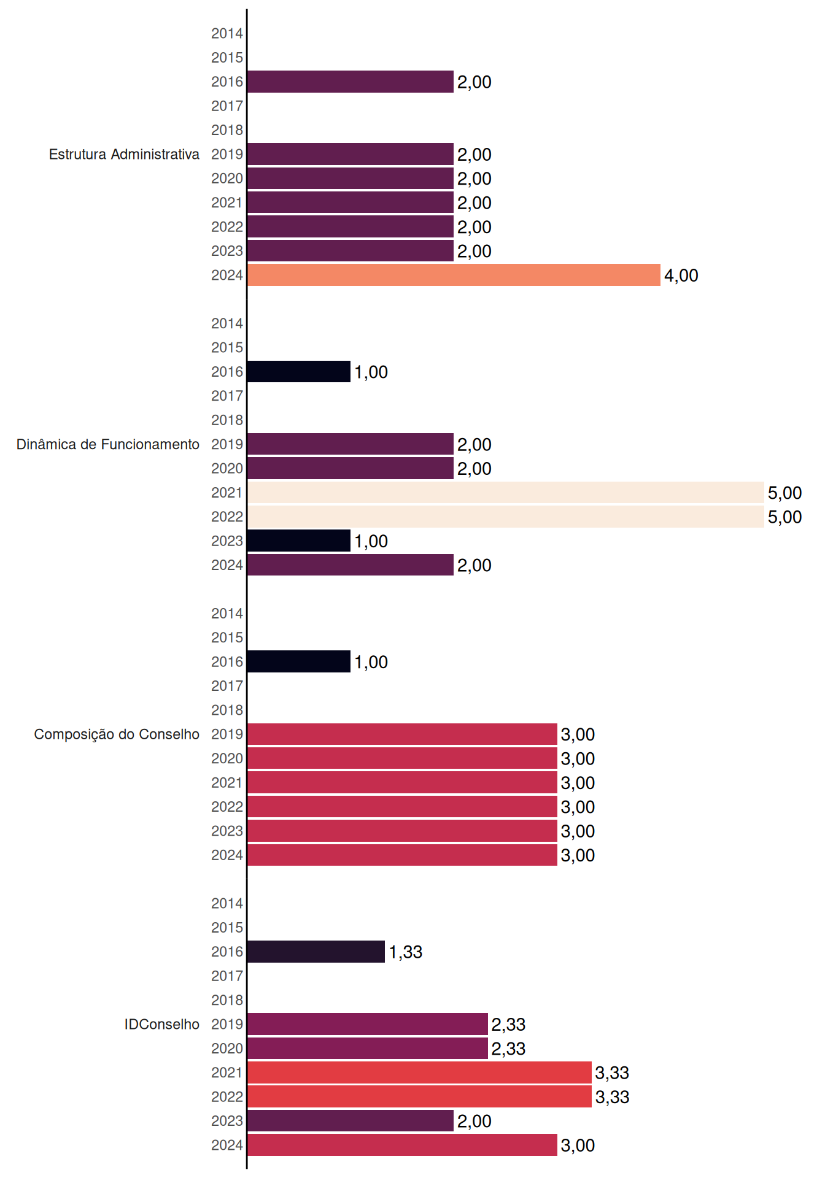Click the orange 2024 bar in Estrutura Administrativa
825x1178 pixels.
[454, 275]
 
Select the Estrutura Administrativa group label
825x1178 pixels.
[124, 154]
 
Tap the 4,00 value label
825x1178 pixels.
[681, 275]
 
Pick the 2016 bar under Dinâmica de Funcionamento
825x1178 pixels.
[299, 371]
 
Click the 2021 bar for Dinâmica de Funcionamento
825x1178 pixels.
[506, 492]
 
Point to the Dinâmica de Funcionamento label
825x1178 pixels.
[108, 444]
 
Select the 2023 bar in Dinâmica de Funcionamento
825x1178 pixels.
[299, 541]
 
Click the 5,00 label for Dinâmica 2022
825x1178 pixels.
[784, 517]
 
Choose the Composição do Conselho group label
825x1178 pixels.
[117, 734]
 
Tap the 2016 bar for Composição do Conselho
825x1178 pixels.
[299, 661]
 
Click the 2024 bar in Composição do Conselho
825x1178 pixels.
[403, 855]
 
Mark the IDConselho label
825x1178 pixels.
[162, 1024]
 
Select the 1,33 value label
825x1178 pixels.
[406, 952]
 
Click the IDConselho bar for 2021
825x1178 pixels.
[420, 1072]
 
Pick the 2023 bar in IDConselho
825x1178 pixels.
[351, 1120]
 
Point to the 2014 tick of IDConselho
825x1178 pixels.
[227, 903]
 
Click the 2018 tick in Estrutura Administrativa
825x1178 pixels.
[227, 130]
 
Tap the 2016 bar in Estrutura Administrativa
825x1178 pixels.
[351, 82]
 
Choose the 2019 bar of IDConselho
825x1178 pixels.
[368, 1024]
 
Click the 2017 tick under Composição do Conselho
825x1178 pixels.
[227, 686]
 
